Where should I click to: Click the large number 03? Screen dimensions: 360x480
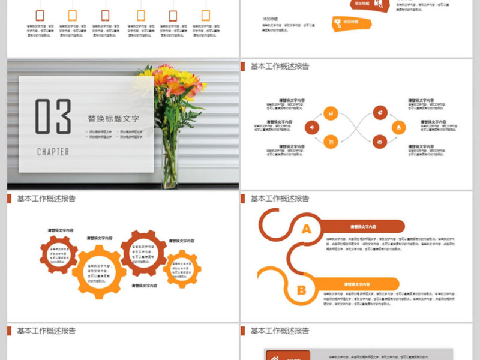(x=53, y=116)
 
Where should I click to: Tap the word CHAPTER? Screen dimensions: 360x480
(x=53, y=152)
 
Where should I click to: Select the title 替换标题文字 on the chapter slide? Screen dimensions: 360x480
(x=113, y=119)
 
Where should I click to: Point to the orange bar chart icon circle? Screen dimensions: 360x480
(x=331, y=112)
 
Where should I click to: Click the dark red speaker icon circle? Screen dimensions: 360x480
(x=311, y=127)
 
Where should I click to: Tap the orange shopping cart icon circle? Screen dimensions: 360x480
(x=331, y=142)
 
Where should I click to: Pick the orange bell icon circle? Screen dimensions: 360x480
(x=398, y=127)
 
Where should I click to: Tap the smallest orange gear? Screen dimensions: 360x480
(x=182, y=269)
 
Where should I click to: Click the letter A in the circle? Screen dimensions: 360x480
(x=306, y=229)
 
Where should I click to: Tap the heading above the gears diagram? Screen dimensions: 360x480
(x=46, y=199)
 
